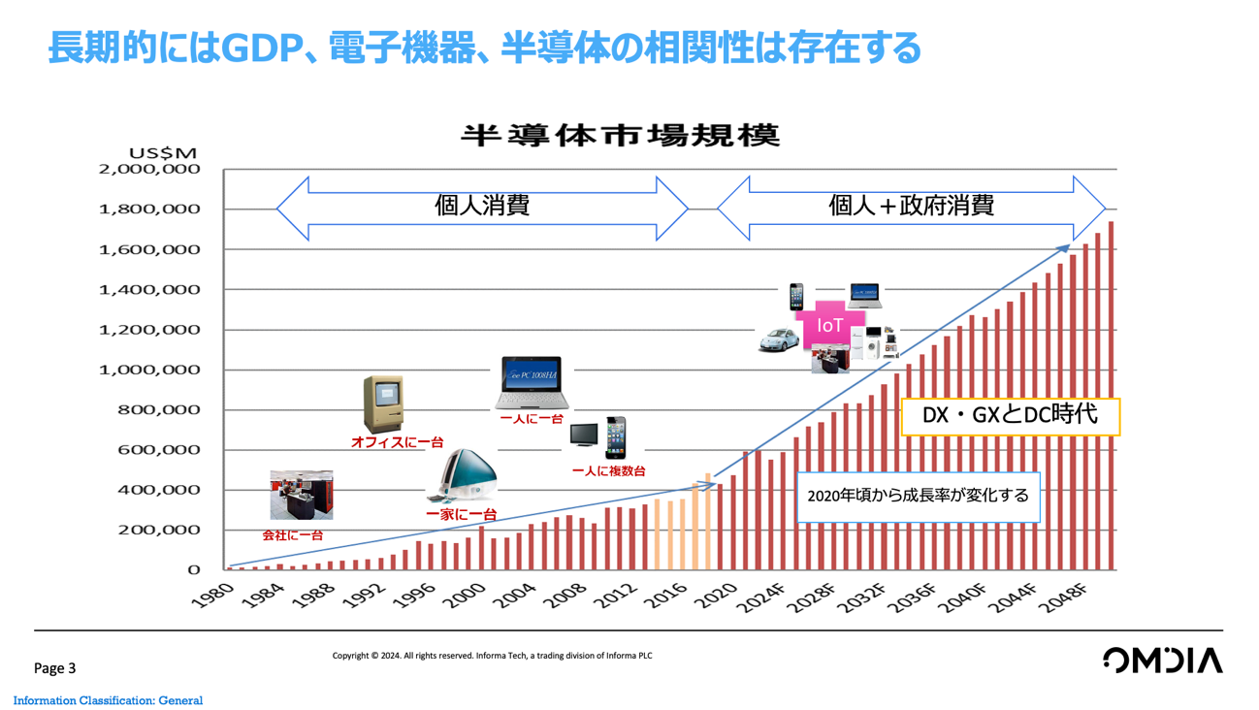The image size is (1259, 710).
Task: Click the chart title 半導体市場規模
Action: (620, 135)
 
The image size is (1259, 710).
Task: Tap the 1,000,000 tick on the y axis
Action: (149, 370)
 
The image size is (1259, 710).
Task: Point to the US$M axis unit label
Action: (162, 152)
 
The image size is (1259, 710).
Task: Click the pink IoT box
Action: (829, 326)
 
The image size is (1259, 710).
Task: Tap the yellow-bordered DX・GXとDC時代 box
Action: (1010, 415)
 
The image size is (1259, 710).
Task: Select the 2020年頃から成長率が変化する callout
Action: (918, 496)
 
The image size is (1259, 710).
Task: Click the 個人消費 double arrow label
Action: (482, 207)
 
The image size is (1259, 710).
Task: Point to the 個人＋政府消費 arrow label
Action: (911, 207)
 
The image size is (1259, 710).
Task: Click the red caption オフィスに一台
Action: (397, 442)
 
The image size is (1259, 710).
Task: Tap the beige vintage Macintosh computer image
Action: (382, 403)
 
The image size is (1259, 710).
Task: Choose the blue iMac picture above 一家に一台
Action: (466, 478)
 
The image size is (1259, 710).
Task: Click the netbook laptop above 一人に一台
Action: (531, 383)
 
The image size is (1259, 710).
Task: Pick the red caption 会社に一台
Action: (293, 534)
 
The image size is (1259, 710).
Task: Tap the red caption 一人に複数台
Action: (608, 471)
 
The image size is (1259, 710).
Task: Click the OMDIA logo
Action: (1162, 662)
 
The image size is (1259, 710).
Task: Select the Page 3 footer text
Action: (54, 668)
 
